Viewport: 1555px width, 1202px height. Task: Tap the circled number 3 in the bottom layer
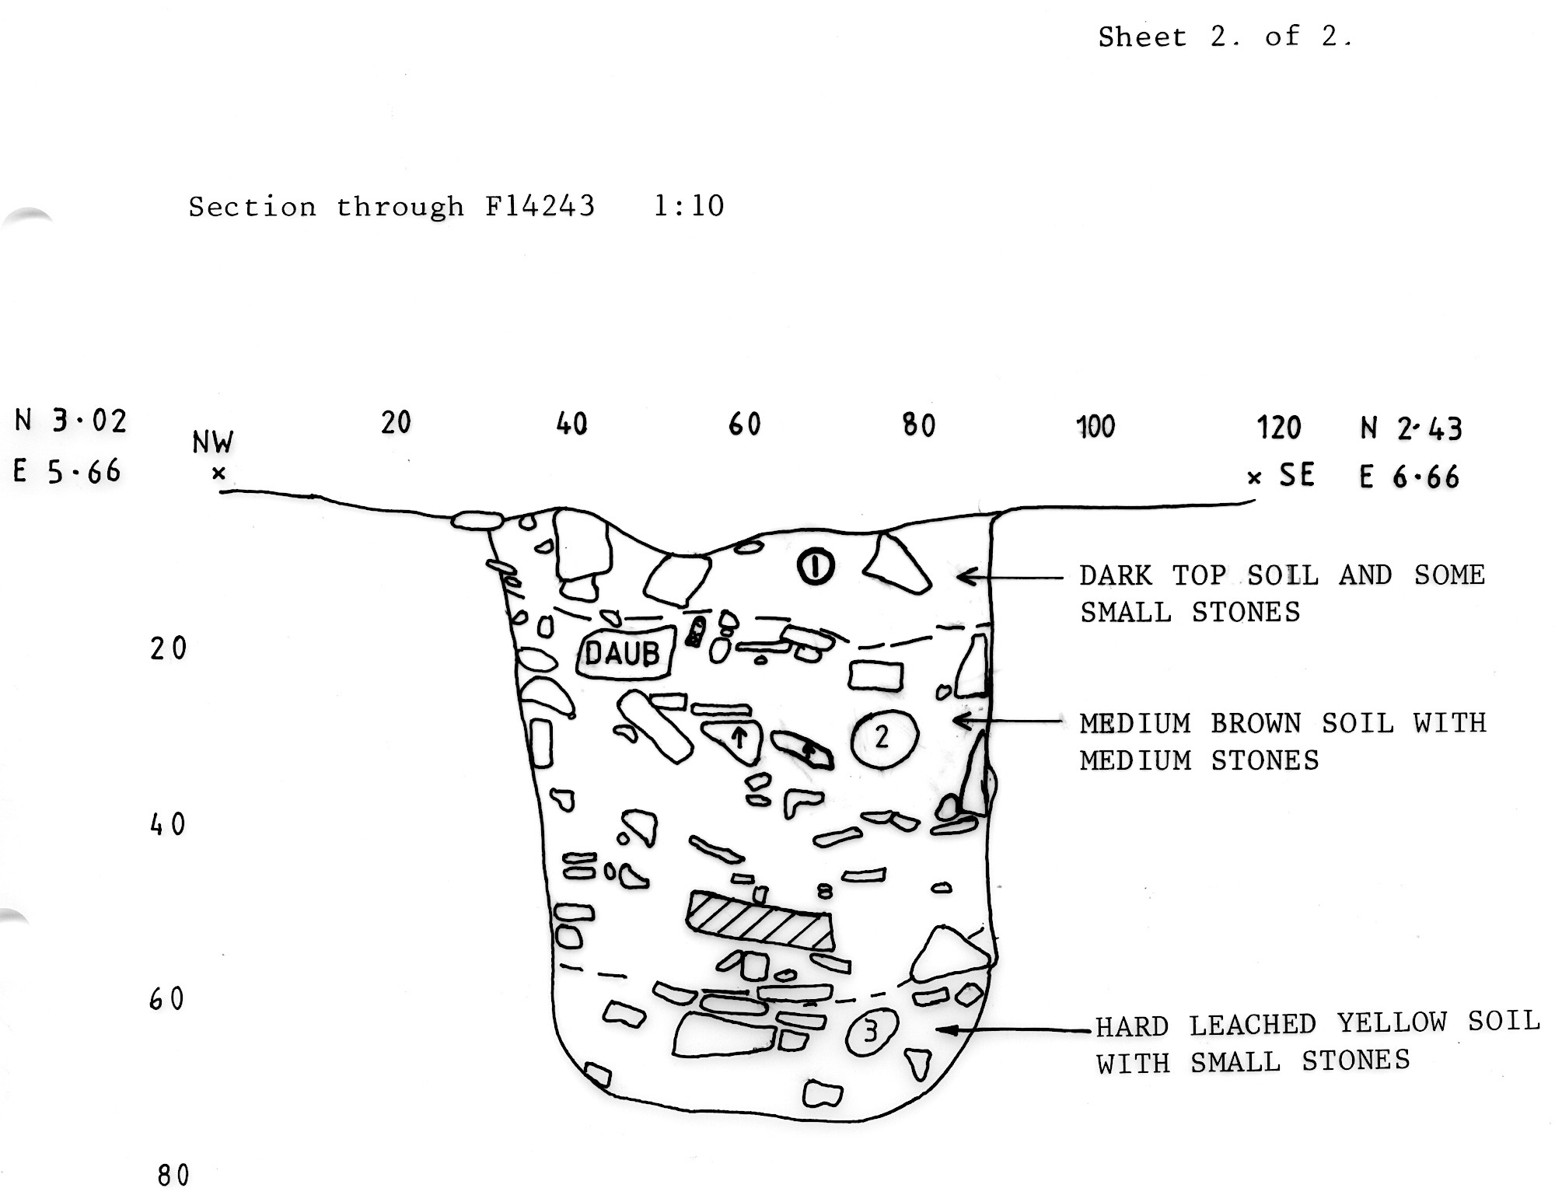872,1032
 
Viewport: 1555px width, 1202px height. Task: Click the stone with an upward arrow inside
734,739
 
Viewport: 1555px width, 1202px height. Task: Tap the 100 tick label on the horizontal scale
1095,426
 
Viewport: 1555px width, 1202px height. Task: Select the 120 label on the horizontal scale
1279,427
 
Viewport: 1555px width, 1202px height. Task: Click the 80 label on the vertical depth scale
173,1176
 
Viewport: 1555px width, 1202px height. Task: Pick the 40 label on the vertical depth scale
168,824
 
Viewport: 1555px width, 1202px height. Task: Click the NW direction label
212,442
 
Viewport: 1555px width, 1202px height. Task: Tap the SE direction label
1297,475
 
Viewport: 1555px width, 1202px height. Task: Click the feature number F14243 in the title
540,206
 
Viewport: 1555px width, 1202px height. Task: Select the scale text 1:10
689,206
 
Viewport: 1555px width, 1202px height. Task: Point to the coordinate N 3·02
70,421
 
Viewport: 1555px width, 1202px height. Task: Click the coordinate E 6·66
1409,476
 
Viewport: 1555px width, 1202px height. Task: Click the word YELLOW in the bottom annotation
1392,1024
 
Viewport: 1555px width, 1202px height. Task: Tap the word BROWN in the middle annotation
1256,724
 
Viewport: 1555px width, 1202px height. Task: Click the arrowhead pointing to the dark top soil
967,576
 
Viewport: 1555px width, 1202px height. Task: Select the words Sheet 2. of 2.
1225,37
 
